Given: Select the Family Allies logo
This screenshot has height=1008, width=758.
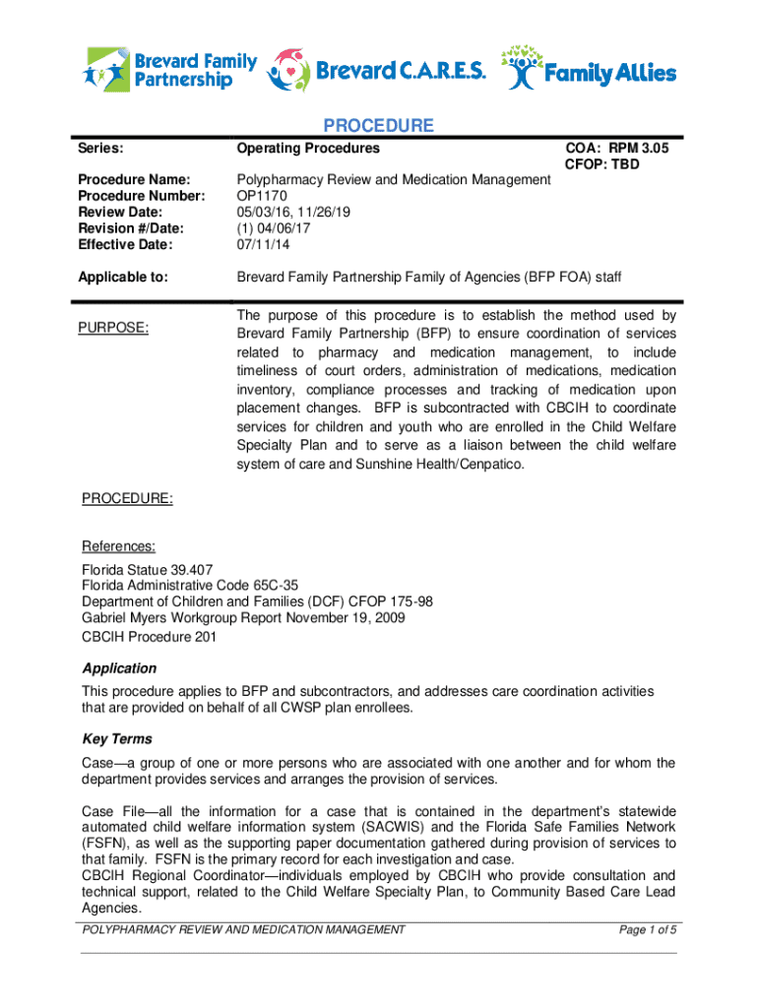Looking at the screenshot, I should click(x=590, y=68).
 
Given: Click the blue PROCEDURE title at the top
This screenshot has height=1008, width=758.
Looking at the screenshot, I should click(x=379, y=126).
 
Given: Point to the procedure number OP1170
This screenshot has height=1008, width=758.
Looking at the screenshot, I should click(x=261, y=195).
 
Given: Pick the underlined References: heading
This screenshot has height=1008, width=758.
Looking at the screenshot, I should click(x=118, y=546).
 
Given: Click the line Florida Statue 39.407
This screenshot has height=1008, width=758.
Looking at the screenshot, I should click(x=147, y=570).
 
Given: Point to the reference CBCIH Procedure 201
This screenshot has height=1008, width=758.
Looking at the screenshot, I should click(x=149, y=636).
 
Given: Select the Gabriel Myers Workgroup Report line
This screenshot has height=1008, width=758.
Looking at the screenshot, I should click(x=243, y=617).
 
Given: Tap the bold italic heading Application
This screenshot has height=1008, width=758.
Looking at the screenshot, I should click(x=119, y=668).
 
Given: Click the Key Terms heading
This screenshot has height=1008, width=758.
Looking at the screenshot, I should click(x=117, y=739).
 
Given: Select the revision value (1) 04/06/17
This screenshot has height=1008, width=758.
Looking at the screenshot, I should click(x=271, y=228).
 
